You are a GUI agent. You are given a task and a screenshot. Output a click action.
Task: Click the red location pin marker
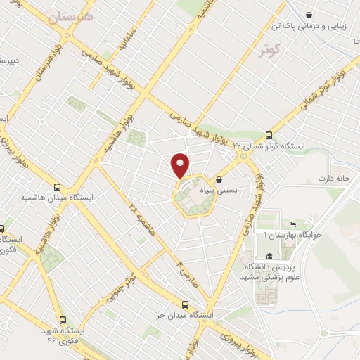click(181, 165)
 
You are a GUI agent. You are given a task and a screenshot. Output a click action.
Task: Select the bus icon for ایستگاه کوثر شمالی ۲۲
click(268, 136)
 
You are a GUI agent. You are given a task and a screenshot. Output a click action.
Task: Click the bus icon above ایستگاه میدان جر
click(185, 304)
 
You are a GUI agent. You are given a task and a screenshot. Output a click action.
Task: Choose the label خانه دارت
click(334, 178)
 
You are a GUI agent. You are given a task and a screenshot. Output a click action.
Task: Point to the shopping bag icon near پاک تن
click(310, 14)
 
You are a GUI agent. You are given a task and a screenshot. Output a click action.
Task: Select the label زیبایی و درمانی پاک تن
click(310, 25)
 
